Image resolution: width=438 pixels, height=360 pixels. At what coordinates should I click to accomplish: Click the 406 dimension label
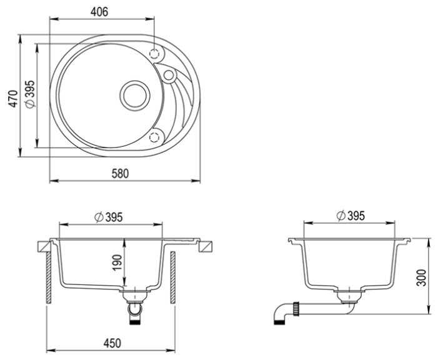pos(99,12)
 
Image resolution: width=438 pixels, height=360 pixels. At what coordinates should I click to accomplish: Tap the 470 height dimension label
pos(13,99)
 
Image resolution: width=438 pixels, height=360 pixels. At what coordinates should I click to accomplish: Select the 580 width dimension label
pos(120,174)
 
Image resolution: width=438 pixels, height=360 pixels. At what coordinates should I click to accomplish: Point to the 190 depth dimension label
pos(117,262)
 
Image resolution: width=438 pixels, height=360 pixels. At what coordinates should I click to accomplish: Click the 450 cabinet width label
pos(112,343)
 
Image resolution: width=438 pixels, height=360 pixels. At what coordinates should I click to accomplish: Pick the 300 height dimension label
pos(422,277)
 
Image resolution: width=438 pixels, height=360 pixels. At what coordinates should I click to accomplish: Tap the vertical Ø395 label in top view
pos(30,94)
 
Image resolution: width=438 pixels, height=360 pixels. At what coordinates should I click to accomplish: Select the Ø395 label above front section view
pos(108,217)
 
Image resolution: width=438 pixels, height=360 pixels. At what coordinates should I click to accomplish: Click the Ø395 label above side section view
pos(351,216)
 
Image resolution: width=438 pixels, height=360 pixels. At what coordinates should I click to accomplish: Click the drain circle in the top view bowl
pos(135,96)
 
